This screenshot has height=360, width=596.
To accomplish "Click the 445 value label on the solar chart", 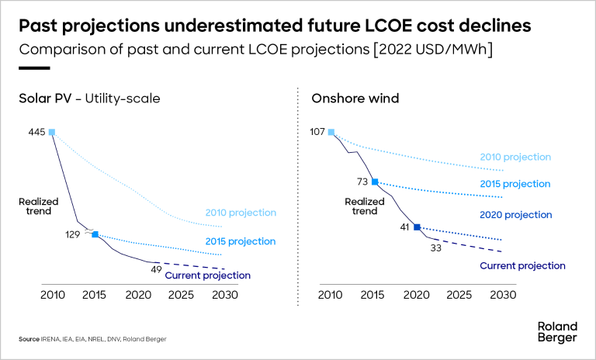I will [36, 133].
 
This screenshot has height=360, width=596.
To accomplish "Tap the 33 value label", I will [436, 248].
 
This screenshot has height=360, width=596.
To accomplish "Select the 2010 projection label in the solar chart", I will [241, 213].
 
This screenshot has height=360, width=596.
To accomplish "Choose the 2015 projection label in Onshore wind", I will [515, 184].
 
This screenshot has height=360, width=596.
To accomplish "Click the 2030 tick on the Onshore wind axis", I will [503, 296].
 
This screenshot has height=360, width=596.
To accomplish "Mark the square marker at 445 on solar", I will [52, 133].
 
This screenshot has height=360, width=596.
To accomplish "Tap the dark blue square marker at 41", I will [417, 227].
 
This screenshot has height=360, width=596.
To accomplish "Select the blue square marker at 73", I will [374, 182].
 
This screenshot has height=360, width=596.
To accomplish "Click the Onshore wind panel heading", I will [345, 99].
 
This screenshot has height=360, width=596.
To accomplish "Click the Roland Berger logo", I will [557, 332].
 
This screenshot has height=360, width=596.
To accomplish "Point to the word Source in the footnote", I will [29, 340].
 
